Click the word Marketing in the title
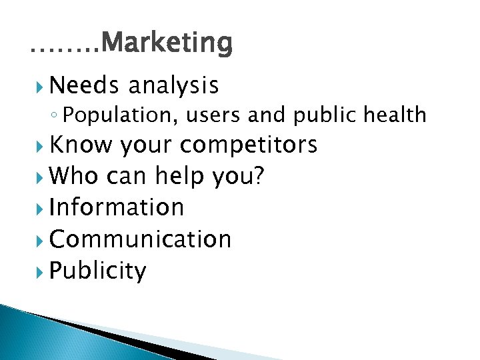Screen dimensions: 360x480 (168, 43)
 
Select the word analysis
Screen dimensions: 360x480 (173, 85)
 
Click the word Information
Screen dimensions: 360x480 (116, 207)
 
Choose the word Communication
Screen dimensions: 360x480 (140, 239)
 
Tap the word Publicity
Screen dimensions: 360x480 (97, 271)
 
